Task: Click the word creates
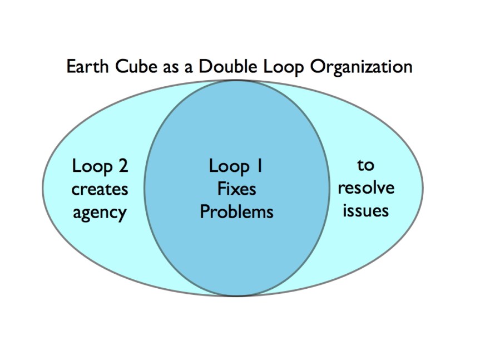tap(100, 189)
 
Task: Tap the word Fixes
tap(236, 189)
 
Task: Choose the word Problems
tap(236, 212)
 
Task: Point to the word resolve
tap(366, 188)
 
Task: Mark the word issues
tap(365, 211)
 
